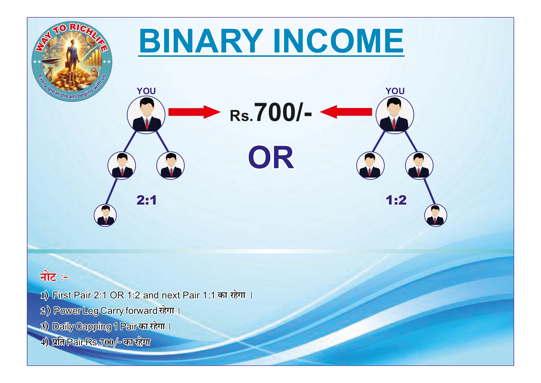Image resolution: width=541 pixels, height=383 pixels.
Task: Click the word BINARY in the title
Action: tap(201, 41)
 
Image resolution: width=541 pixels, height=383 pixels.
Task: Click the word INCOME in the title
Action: tap(338, 41)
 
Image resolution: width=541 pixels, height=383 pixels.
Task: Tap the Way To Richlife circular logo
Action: tap(72, 61)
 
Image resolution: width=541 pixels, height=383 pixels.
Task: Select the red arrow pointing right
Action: tap(194, 112)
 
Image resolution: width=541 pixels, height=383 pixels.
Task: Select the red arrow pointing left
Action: tap(346, 112)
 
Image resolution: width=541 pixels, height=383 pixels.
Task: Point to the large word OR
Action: tap(271, 158)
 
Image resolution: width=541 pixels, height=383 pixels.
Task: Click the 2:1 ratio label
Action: tap(147, 200)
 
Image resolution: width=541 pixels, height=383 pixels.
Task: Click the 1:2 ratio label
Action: tap(396, 200)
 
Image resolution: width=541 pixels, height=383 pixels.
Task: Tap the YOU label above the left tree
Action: tap(146, 91)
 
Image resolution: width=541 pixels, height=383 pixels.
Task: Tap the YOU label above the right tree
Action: tap(395, 91)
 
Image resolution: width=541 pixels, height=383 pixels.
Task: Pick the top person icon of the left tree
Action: tap(146, 115)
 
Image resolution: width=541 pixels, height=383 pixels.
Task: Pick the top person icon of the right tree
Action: tap(395, 115)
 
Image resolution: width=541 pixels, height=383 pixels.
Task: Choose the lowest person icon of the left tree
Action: tap(105, 215)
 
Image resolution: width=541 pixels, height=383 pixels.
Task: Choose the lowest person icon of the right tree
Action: tap(436, 215)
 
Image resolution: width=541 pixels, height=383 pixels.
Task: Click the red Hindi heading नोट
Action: tap(48, 277)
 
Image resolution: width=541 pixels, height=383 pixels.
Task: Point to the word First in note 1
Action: tap(62, 295)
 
